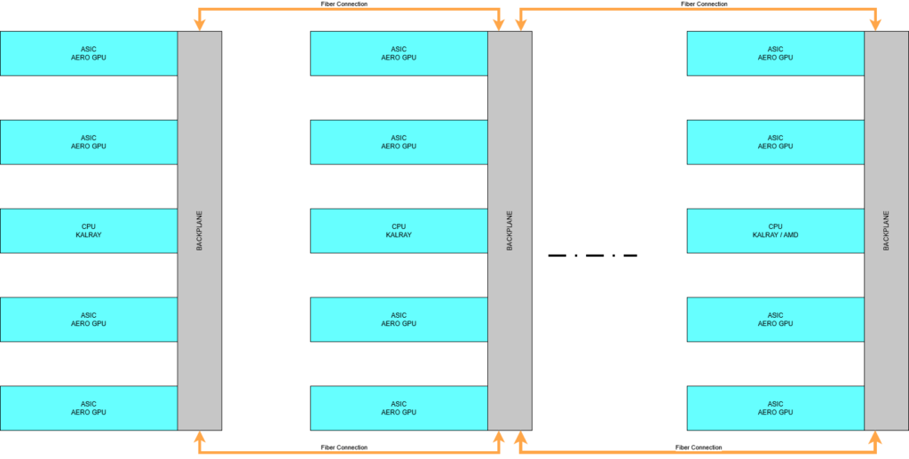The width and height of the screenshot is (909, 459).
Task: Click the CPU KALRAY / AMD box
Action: tap(775, 231)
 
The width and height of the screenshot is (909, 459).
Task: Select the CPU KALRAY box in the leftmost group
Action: tap(88, 231)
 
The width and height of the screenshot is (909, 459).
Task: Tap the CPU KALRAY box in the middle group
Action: tap(399, 231)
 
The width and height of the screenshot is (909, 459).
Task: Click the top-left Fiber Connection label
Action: tap(344, 4)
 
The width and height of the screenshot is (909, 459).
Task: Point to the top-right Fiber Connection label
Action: tap(704, 4)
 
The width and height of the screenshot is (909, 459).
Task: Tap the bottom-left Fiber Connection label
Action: tap(344, 447)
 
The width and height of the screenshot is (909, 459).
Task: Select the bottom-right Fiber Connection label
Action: tap(699, 447)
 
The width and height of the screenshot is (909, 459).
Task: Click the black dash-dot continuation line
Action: tap(592, 256)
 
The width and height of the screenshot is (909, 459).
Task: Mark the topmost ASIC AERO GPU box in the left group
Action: tap(88, 53)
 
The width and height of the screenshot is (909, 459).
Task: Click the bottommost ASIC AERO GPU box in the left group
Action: tap(88, 408)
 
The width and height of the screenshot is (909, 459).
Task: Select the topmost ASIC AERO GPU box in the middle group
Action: tap(399, 53)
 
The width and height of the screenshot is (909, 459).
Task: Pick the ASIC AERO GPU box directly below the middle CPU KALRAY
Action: tap(399, 320)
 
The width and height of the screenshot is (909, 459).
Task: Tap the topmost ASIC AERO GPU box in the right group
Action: tap(775, 53)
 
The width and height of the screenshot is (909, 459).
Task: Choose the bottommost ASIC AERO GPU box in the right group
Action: tap(775, 408)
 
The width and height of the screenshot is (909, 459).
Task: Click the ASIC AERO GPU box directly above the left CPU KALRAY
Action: tap(88, 142)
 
